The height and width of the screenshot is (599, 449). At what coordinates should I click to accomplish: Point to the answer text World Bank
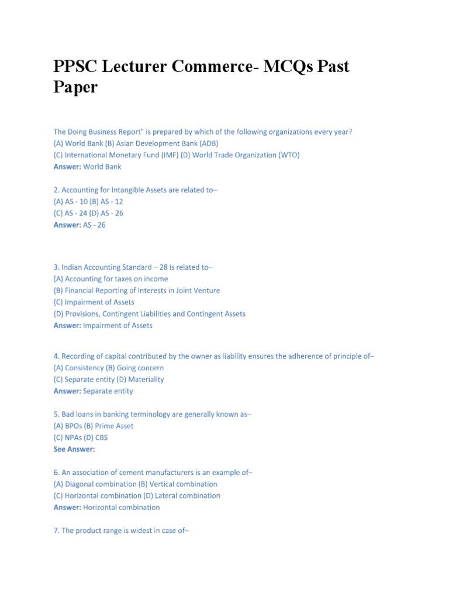[x=102, y=167]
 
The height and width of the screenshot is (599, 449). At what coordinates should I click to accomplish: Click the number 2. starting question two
[x=57, y=190]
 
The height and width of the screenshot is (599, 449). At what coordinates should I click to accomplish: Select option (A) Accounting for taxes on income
[x=110, y=279]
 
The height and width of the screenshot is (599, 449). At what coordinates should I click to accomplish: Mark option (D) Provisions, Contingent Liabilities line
[x=150, y=314]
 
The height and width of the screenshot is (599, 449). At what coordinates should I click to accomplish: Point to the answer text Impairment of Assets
[x=118, y=326]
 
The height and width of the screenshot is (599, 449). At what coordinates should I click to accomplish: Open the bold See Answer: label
[x=74, y=449]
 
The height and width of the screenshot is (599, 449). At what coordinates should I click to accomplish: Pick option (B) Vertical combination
[x=178, y=484]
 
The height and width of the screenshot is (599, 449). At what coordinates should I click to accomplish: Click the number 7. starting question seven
[x=57, y=531]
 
